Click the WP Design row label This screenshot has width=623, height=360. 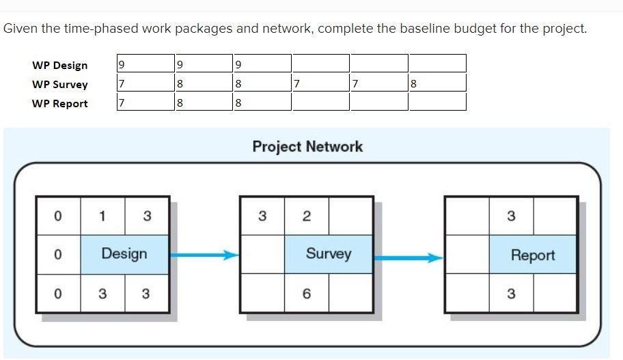(59, 66)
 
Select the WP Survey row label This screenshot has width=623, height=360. (59, 85)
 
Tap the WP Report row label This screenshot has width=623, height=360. (59, 104)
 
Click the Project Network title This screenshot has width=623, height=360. (307, 146)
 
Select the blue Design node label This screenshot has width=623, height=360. (124, 254)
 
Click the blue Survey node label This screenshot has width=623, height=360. (329, 254)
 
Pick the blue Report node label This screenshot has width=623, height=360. (533, 255)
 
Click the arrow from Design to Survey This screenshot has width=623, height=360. (204, 255)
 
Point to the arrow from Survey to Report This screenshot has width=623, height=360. (409, 258)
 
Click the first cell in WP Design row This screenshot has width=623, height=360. (146, 64)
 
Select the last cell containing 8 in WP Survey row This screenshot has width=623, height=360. (437, 83)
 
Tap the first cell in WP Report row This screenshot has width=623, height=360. (146, 102)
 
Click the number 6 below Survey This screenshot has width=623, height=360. (307, 294)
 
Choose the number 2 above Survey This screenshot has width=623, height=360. (307, 217)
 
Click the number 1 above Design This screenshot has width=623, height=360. (102, 217)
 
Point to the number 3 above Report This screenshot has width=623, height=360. (511, 217)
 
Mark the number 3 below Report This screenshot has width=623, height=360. (511, 294)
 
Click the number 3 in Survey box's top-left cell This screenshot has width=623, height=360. (262, 217)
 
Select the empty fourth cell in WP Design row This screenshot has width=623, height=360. (320, 64)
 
